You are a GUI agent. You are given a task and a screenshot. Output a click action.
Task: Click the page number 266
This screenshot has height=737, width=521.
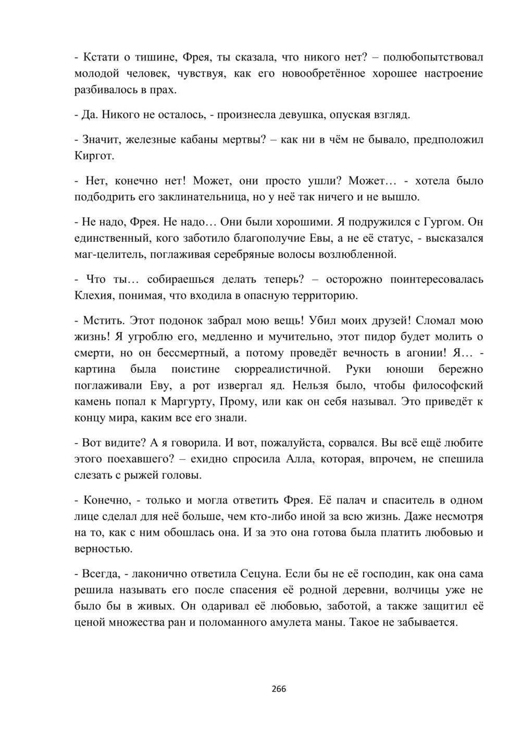[279, 689]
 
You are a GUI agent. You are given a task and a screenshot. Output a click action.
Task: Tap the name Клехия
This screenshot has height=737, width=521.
[93, 296]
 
